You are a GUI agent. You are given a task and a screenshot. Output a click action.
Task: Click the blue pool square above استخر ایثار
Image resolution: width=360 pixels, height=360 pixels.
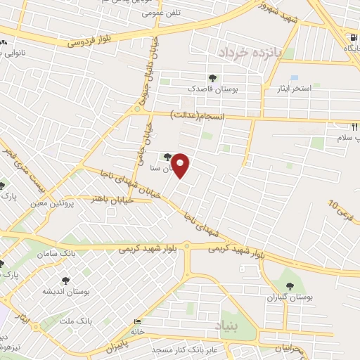(294, 78)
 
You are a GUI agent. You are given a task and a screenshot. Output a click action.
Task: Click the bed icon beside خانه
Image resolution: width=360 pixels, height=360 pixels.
(136, 322)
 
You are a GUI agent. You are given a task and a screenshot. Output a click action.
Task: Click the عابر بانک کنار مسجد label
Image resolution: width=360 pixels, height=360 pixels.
(184, 349)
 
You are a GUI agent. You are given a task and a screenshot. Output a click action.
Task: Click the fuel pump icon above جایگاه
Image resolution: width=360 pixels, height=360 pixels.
(350, 38)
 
